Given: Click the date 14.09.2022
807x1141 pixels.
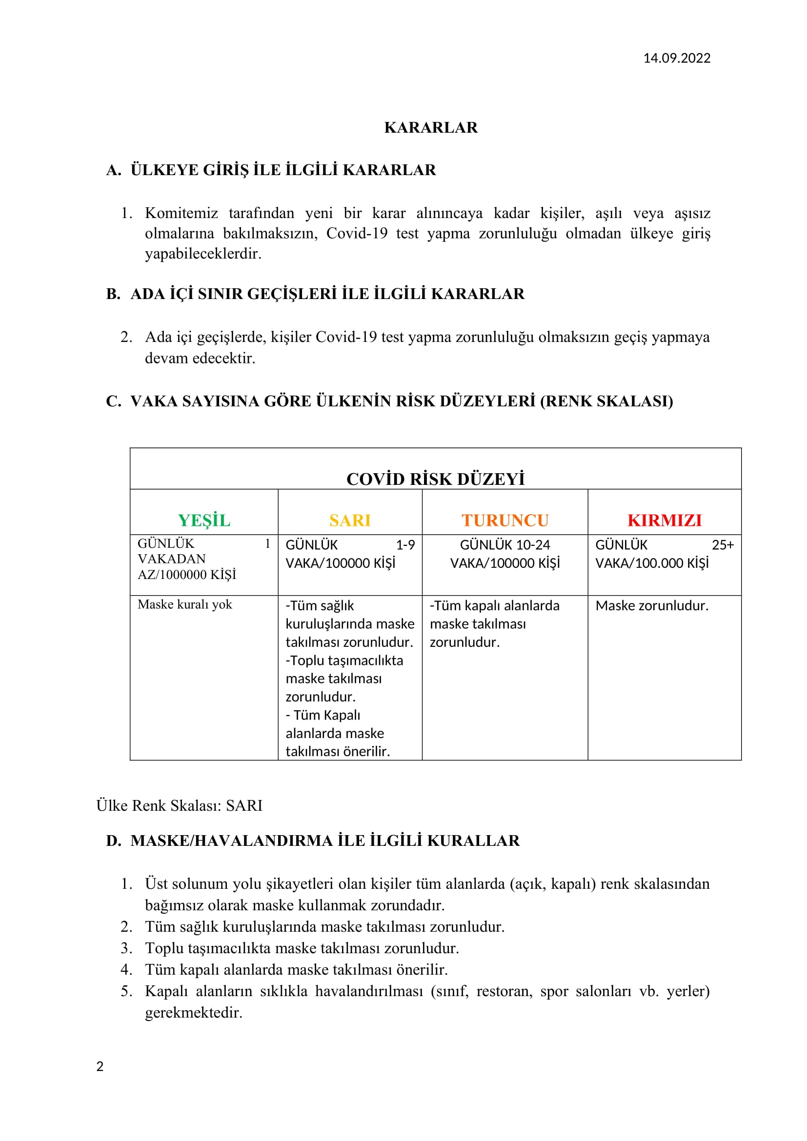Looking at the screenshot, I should click(676, 58).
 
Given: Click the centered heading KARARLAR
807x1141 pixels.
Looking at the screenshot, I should click(431, 128).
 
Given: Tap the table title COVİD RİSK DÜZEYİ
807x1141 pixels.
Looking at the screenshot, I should click(435, 479).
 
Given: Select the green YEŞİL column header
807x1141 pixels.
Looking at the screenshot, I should click(204, 520).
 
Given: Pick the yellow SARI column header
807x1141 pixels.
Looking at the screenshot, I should click(350, 520).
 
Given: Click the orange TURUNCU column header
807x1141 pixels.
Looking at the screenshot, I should click(505, 520).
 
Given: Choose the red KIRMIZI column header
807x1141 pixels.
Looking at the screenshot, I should click(665, 520).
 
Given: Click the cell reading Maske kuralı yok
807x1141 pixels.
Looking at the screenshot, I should click(185, 604).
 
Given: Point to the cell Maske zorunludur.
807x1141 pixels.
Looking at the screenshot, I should click(652, 605).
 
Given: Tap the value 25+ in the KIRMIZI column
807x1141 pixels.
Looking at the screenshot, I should click(723, 545).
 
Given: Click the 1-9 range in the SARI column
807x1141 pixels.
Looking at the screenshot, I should click(405, 545).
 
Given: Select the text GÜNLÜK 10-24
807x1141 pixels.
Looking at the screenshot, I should click(505, 545).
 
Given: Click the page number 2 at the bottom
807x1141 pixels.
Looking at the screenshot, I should click(100, 1066).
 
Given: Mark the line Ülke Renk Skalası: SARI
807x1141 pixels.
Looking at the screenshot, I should click(180, 805).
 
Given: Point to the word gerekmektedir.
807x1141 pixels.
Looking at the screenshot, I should click(194, 1013).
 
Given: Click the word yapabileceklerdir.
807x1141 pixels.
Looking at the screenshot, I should click(203, 254).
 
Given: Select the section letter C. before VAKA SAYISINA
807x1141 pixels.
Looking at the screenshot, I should click(113, 401).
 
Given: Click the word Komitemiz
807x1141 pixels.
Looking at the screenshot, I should click(182, 213).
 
